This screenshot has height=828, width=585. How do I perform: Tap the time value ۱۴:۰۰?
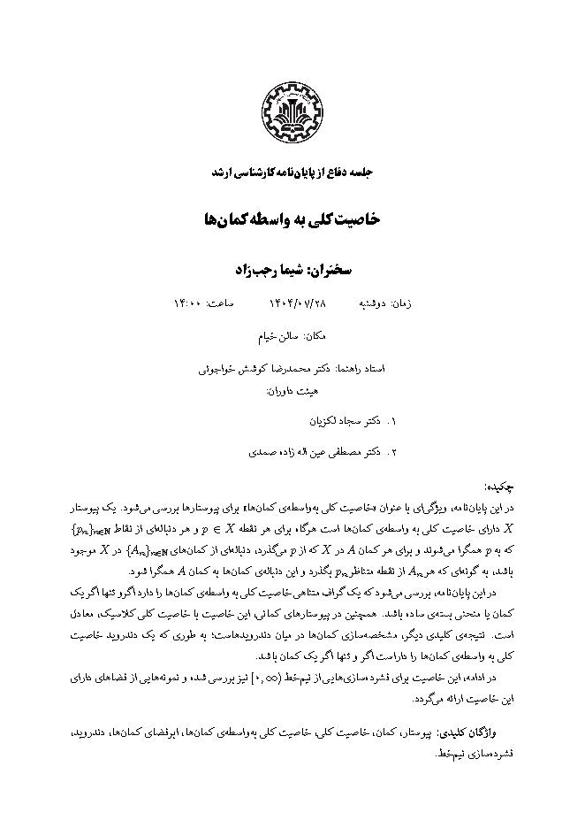coord(189,304)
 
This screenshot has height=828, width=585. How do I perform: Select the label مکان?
coord(317,336)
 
